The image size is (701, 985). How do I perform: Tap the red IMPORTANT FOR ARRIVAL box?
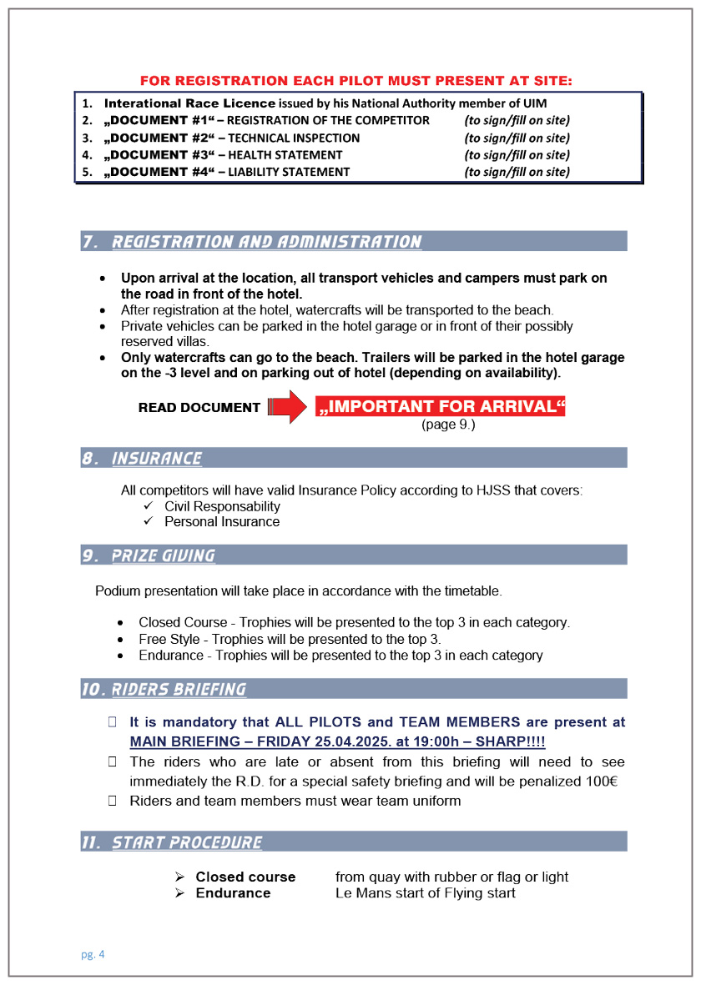[441, 406]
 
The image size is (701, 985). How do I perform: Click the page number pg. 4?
[93, 954]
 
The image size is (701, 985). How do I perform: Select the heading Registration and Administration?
[266, 242]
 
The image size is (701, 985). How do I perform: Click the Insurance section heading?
[156, 459]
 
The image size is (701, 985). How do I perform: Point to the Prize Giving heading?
[163, 555]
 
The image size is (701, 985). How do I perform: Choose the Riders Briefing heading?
[179, 690]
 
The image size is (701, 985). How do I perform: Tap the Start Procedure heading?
[186, 842]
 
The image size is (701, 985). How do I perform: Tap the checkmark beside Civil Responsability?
[149, 506]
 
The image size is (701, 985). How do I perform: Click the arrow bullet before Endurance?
[179, 893]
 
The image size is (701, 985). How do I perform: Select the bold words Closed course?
[245, 877]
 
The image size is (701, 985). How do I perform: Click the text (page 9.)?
[448, 425]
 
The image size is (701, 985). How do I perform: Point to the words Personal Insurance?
[222, 522]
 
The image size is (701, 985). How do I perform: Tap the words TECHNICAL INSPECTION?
[294, 138]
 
